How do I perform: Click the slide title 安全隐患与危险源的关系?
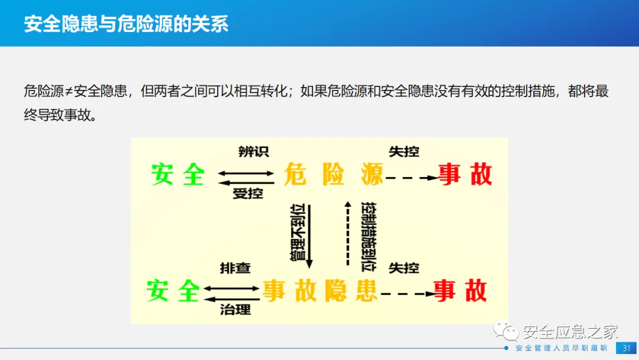126,24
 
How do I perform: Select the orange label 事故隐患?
320,291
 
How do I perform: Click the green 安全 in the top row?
177,175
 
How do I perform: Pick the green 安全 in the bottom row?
173,291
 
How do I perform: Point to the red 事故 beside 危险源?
465,175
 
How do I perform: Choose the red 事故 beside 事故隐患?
460,291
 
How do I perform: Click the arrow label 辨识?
253,152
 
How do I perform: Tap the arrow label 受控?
248,194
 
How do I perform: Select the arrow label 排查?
235,268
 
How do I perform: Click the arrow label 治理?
235,309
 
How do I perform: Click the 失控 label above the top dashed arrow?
404,152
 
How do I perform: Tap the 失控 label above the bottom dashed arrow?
404,268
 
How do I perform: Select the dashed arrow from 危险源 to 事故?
411,176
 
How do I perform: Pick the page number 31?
626,348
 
